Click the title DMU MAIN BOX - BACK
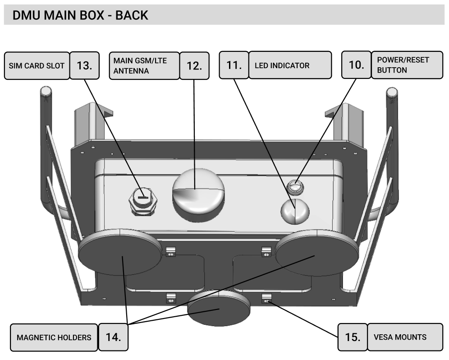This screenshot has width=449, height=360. (80, 15)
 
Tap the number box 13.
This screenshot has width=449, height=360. (84, 65)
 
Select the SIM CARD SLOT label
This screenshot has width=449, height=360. (37, 65)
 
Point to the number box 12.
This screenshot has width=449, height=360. (194, 65)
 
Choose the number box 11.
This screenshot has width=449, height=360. (234, 65)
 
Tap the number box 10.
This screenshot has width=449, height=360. (356, 65)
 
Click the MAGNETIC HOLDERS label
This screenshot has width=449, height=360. (54, 337)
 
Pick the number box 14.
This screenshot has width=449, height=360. (113, 337)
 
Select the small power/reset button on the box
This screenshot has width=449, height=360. (294, 185)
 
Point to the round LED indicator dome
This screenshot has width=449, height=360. (295, 211)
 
